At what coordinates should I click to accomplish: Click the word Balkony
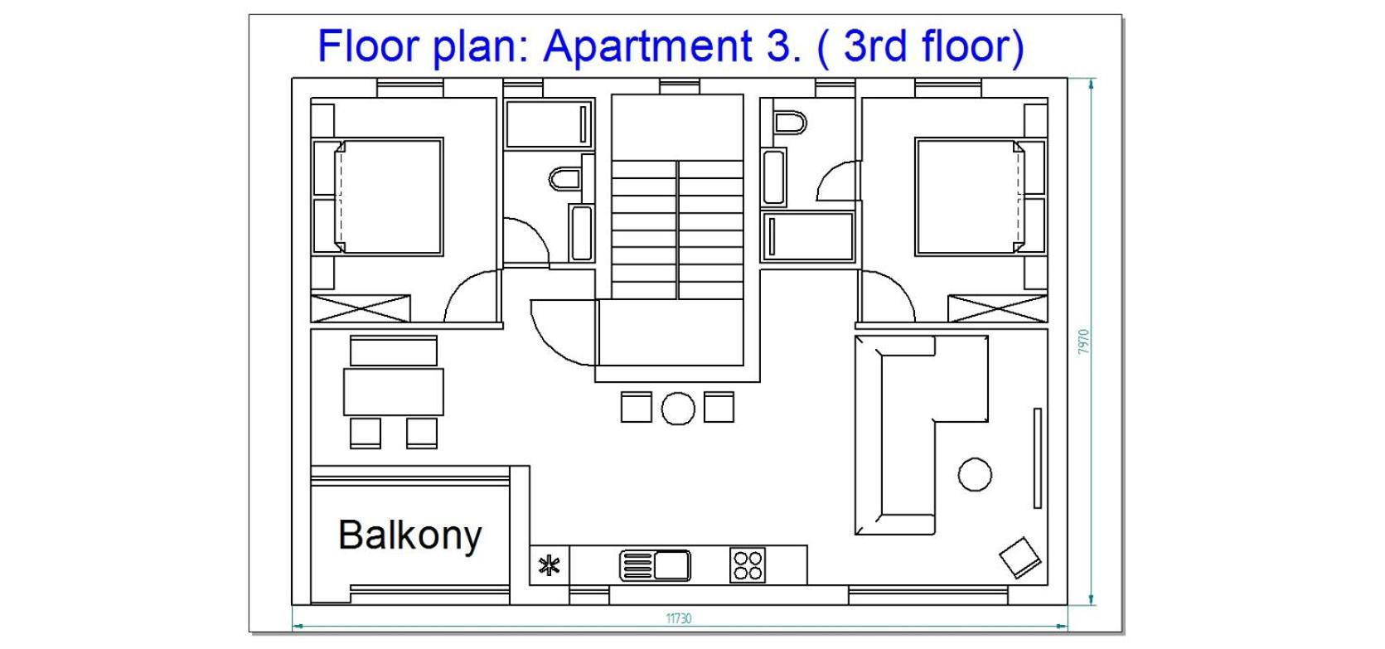tap(410, 535)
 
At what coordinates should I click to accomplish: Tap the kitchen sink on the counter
tap(655, 565)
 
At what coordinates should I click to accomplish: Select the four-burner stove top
tap(747, 565)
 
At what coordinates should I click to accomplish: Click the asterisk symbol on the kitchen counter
tap(549, 565)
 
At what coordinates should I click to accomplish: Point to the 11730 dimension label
tap(678, 618)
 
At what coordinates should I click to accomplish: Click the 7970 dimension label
tap(1082, 341)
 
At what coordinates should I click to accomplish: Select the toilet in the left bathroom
tap(565, 179)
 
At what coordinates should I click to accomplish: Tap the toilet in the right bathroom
tap(790, 123)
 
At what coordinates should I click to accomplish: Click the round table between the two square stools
tap(678, 409)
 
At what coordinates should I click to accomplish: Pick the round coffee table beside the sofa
tap(975, 475)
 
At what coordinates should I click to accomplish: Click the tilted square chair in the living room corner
tap(1020, 558)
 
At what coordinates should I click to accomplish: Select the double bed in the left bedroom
tap(378, 196)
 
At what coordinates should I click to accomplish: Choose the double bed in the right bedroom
tap(981, 196)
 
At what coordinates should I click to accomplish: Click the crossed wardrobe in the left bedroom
tap(361, 308)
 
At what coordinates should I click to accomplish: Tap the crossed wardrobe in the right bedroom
tap(998, 308)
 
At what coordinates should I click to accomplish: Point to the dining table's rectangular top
tap(393, 392)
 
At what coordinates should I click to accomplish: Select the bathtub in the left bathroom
tap(549, 124)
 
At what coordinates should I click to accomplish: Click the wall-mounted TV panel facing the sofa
tap(1038, 458)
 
